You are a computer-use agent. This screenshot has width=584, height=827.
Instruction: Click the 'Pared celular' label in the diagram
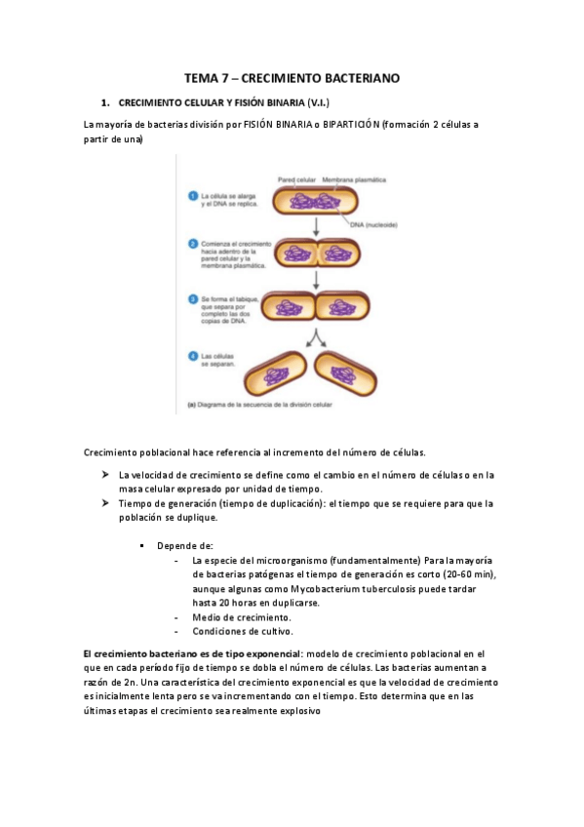tap(296, 180)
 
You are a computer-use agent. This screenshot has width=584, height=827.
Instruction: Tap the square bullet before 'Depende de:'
tap(142, 545)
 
